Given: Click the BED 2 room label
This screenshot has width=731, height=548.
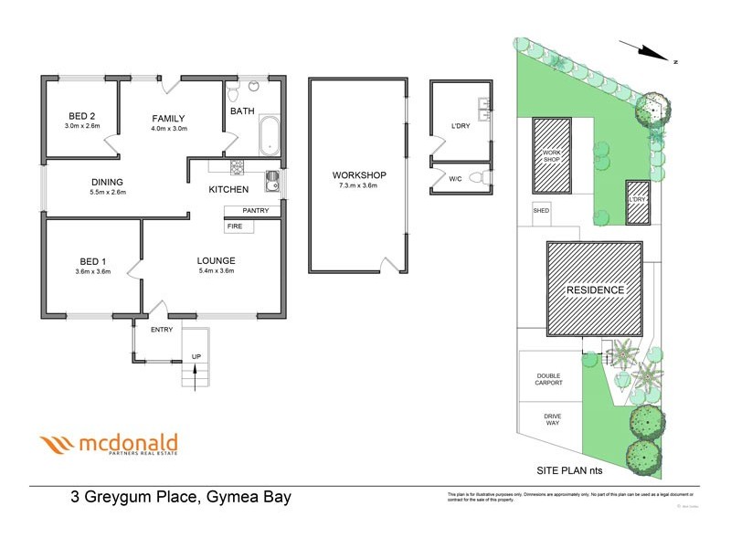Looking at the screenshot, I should [82, 115].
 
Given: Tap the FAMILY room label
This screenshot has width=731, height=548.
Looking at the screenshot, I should [169, 118].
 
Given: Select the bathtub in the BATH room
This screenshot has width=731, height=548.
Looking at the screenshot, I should [270, 135].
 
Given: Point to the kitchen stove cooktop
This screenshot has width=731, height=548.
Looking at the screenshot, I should [237, 167].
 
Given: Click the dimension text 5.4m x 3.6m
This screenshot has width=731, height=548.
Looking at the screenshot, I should [216, 270].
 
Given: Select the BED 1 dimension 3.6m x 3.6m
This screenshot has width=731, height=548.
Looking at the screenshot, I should [92, 271].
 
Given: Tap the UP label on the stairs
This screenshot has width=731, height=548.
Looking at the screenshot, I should [196, 356].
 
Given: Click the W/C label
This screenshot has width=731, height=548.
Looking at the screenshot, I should [456, 179].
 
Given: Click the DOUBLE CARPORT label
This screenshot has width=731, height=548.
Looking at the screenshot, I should [548, 377].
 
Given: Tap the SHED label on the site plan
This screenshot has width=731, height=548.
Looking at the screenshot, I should [541, 210].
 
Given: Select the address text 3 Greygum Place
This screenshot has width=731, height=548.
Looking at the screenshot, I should [137, 498].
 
